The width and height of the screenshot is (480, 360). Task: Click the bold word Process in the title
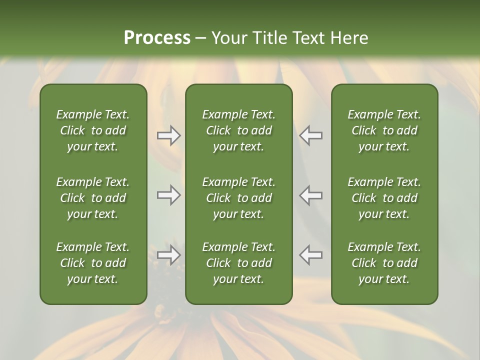click(x=157, y=38)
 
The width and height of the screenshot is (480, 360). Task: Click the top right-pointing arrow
click(x=169, y=135)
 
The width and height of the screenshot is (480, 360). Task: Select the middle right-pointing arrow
click(x=169, y=195)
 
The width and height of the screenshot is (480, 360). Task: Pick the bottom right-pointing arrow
click(x=169, y=255)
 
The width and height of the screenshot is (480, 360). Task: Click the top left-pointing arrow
click(x=310, y=135)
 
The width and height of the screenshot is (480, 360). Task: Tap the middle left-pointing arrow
click(x=310, y=195)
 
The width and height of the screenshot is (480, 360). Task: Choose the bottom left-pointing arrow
click(x=310, y=255)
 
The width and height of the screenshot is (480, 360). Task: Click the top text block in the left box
click(x=93, y=130)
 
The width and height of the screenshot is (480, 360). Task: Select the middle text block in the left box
click(x=93, y=198)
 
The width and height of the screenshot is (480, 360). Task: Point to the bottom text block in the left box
click(x=93, y=263)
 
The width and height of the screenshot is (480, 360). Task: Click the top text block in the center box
click(x=238, y=130)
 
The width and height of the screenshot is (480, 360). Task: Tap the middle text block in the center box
click(x=238, y=198)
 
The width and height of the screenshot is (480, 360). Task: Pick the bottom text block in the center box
click(x=238, y=263)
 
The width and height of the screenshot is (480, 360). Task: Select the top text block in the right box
click(x=384, y=130)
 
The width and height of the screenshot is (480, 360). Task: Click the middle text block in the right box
click(x=384, y=198)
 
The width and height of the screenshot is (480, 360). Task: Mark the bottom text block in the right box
click(x=384, y=263)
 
